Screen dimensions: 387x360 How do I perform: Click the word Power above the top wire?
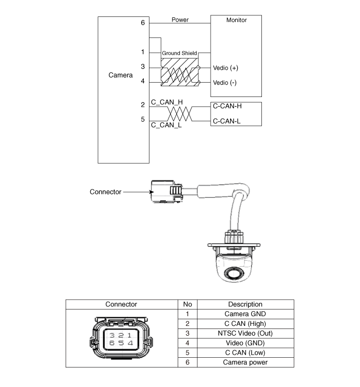click(180, 20)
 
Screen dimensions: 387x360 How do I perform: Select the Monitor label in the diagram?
click(236, 20)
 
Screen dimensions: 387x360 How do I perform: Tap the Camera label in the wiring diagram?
click(121, 75)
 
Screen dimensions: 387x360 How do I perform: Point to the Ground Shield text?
click(179, 53)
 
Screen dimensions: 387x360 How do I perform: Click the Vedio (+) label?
click(225, 68)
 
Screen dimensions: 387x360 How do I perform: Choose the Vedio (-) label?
click(225, 82)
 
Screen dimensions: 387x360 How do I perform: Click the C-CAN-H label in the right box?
click(226, 106)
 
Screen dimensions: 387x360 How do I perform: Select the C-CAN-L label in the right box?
click(226, 122)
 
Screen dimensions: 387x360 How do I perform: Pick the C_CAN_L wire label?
click(166, 125)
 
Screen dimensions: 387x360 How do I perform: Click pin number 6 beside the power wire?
click(143, 23)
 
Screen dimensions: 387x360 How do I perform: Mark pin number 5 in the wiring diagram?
click(143, 120)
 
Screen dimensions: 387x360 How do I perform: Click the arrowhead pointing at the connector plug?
click(152, 192)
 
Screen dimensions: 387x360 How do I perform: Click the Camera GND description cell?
click(245, 314)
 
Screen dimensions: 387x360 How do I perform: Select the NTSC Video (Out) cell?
click(245, 333)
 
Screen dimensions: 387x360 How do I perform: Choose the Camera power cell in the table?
click(245, 362)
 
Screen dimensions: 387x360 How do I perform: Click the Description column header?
click(245, 304)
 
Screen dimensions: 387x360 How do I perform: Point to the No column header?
click(187, 304)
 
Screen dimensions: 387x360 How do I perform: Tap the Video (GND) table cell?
click(245, 343)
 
